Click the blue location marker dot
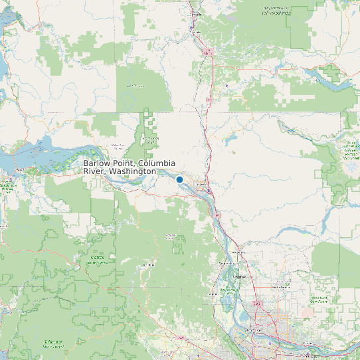point(179,179)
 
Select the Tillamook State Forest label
point(53,343)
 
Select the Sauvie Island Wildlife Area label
point(228,290)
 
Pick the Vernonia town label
point(147,265)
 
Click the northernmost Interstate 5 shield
point(209,50)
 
